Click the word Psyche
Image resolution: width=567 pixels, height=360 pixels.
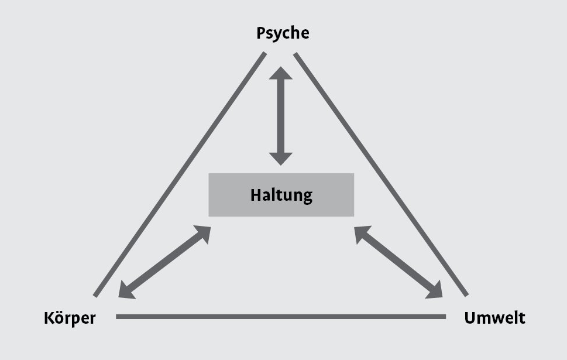(x=283, y=33)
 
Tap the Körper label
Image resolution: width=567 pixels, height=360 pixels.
(x=70, y=318)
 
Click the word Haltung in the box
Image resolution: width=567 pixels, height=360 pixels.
(x=281, y=195)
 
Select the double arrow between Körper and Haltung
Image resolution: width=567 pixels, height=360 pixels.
(x=164, y=262)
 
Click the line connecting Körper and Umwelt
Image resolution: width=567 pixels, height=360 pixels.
(x=281, y=317)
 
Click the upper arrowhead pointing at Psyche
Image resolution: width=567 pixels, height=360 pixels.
(x=281, y=74)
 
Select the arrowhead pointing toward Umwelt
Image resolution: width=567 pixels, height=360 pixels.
(x=436, y=289)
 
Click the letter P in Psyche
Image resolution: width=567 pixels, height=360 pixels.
(x=262, y=33)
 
